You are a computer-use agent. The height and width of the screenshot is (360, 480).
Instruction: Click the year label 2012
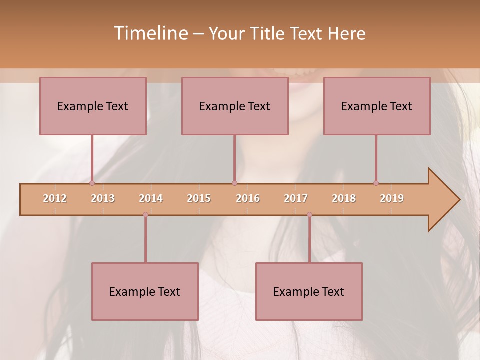(55, 198)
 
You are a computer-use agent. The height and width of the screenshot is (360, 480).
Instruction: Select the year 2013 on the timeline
(103, 198)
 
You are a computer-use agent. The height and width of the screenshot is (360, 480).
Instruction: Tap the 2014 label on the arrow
(151, 198)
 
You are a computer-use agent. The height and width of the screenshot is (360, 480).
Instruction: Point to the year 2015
(199, 198)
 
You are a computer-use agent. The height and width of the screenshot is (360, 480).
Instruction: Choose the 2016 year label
(248, 198)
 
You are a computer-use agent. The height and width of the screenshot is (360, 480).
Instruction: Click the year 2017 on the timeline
(296, 198)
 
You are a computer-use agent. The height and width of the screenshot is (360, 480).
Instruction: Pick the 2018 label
(344, 198)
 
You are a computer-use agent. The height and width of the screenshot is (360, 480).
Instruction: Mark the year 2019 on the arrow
(392, 198)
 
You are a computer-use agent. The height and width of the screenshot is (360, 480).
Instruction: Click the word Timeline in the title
(150, 33)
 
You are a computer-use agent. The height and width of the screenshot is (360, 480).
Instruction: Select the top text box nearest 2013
(93, 106)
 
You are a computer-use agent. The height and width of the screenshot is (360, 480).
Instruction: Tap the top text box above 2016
(235, 106)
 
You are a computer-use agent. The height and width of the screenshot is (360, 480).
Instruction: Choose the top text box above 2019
(377, 106)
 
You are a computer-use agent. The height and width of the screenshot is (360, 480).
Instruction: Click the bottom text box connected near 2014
(145, 291)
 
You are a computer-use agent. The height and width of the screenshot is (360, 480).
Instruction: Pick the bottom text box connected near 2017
(309, 291)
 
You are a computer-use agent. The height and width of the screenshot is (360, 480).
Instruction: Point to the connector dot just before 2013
(92, 183)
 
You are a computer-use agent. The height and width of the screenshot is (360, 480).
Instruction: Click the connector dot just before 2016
(234, 183)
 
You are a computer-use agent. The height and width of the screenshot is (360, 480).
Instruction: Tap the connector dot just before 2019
(376, 183)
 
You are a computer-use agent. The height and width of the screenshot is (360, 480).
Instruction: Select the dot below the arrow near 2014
(145, 214)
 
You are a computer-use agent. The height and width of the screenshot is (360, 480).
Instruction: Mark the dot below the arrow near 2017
(309, 214)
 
